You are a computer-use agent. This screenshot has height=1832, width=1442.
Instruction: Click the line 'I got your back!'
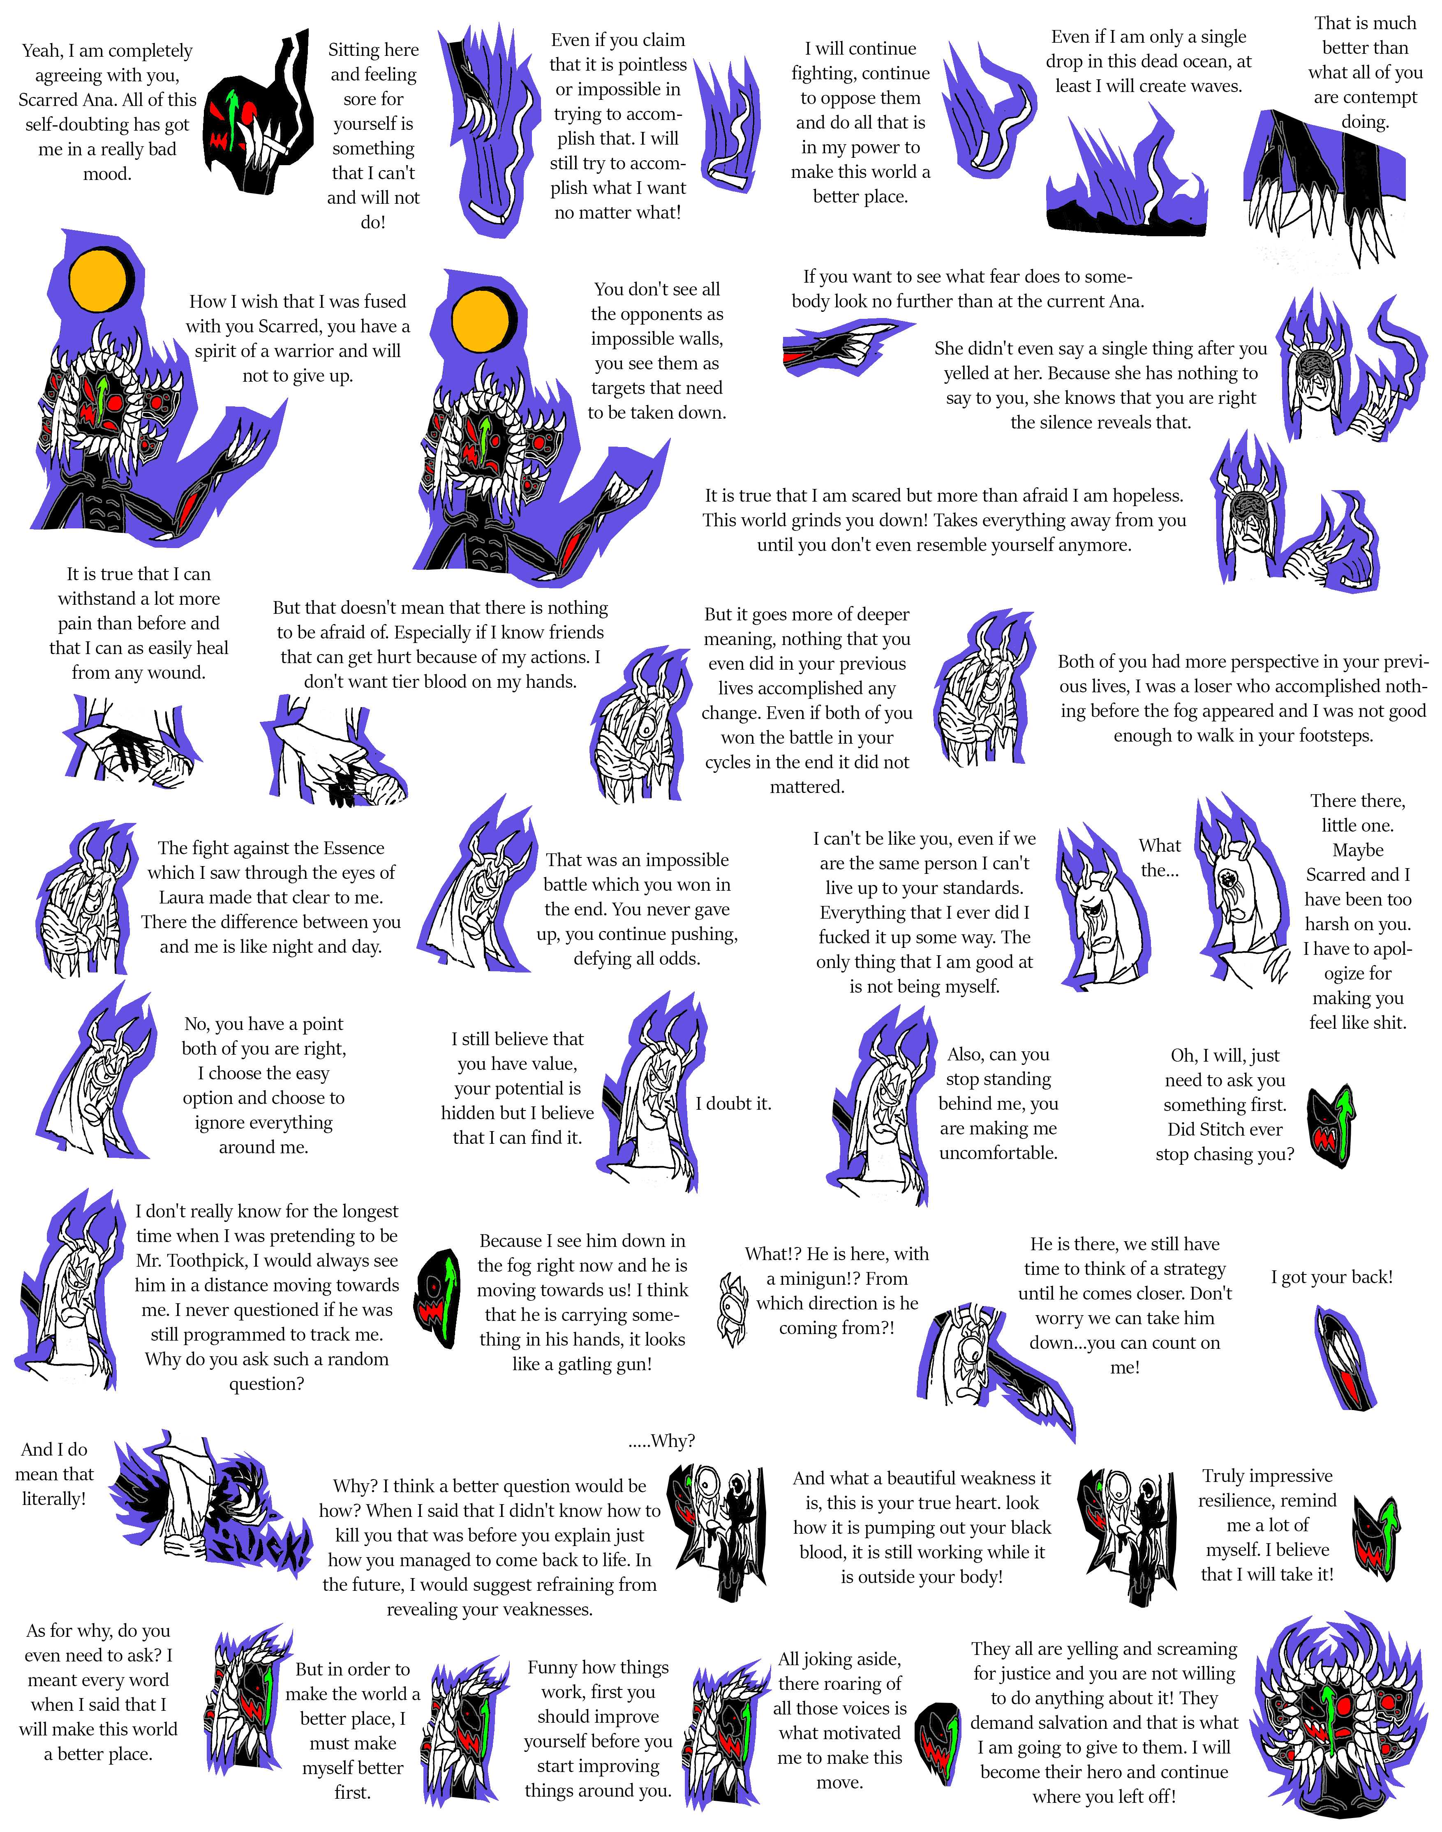(x=1331, y=1277)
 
